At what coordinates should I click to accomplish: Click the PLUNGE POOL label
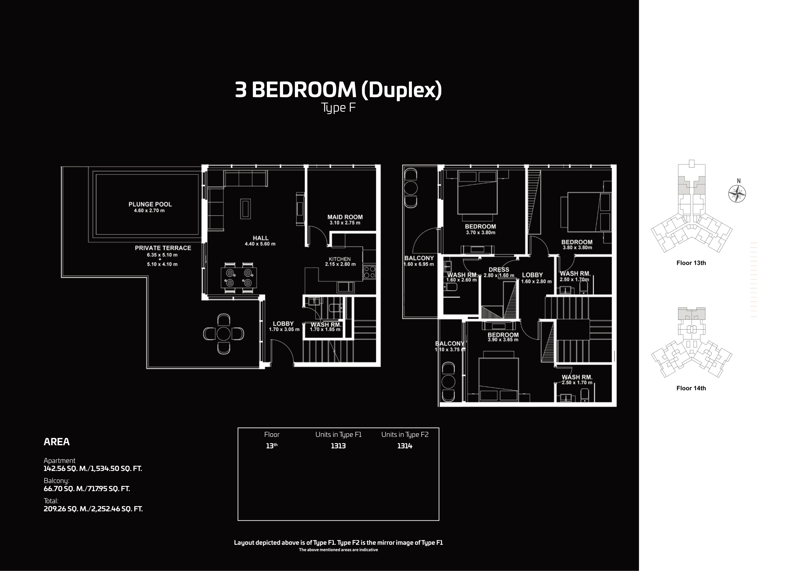(x=150, y=204)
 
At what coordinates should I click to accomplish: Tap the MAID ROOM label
(x=345, y=217)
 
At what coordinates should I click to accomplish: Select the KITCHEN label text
(x=340, y=259)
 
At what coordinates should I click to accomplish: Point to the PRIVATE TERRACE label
(x=163, y=248)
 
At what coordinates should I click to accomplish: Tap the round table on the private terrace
(x=223, y=334)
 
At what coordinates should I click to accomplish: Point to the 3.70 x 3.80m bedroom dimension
(x=480, y=232)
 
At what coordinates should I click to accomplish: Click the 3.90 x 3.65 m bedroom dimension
(x=503, y=340)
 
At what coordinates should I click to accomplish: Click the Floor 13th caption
(x=691, y=263)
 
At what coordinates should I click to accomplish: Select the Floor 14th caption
(x=691, y=388)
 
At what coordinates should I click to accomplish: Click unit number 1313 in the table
(x=338, y=446)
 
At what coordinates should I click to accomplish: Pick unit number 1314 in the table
(x=405, y=446)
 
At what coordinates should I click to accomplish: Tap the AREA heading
(x=57, y=442)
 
